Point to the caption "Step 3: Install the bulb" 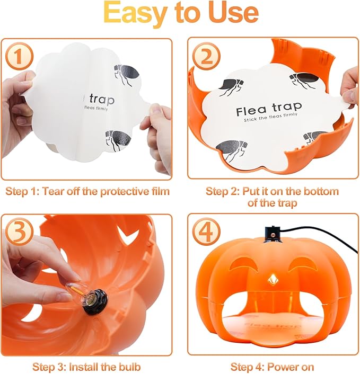[x=86, y=366]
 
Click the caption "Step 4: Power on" [x=272, y=366]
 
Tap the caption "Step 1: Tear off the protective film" [x=86, y=191]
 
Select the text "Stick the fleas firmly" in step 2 [x=269, y=120]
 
